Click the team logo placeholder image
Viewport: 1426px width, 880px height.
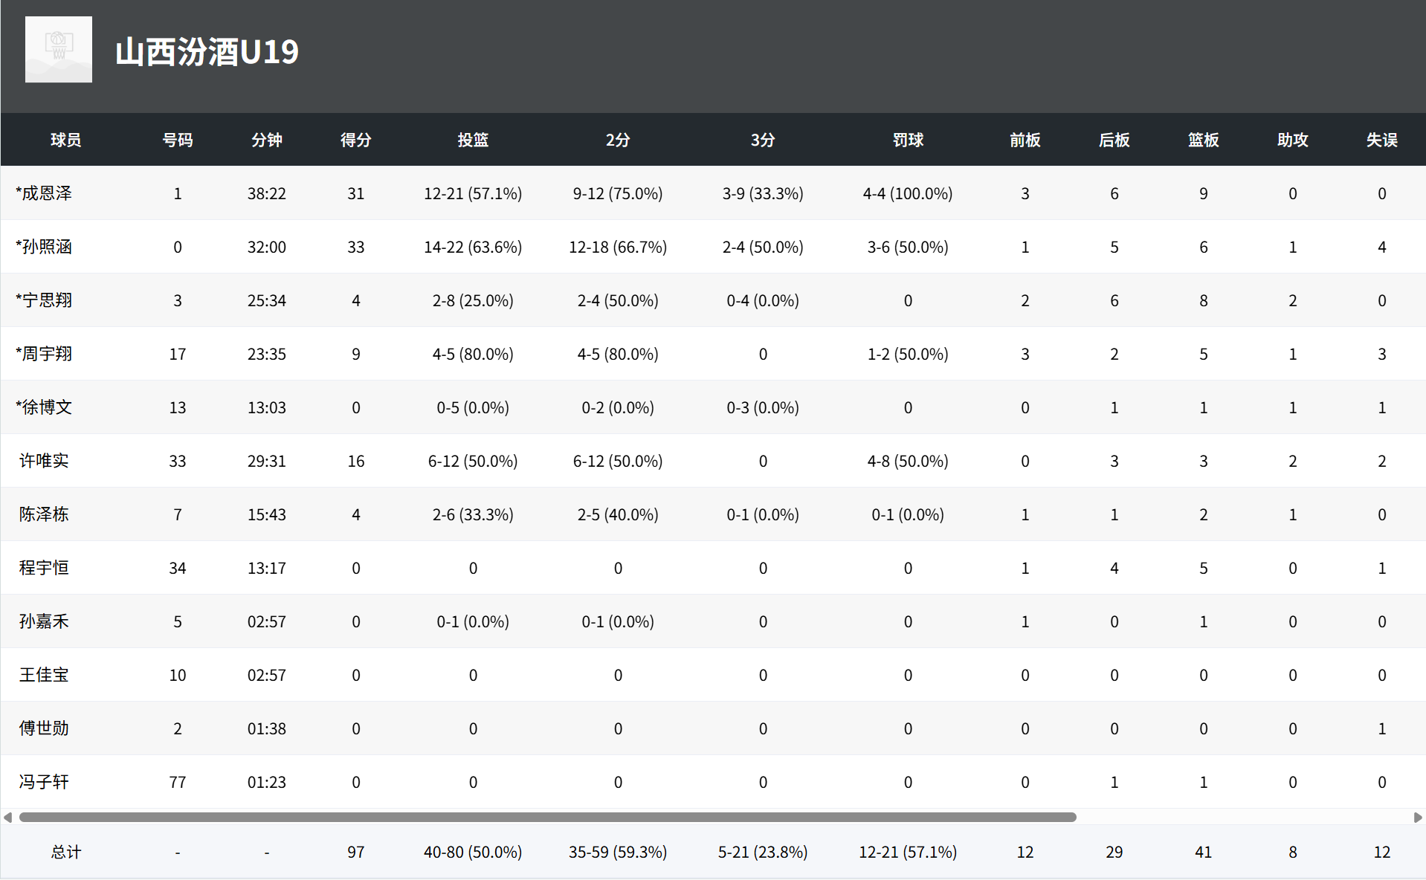point(59,49)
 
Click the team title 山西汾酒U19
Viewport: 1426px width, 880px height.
point(207,52)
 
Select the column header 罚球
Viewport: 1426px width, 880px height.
point(908,140)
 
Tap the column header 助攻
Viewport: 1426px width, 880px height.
point(1292,140)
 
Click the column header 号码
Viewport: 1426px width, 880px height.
point(178,140)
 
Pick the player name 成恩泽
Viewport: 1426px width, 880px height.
point(47,193)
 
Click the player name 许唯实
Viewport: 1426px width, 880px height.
point(44,461)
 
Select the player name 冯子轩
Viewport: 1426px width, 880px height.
point(44,782)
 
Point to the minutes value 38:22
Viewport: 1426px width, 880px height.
point(267,194)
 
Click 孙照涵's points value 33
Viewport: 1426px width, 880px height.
point(356,247)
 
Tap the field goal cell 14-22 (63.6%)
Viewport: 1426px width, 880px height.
point(473,247)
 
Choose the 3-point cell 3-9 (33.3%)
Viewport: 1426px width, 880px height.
point(763,194)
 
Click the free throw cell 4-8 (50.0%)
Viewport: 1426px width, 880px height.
point(908,462)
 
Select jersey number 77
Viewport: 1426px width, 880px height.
point(178,783)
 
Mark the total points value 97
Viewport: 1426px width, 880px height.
point(356,852)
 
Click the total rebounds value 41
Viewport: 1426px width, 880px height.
point(1203,852)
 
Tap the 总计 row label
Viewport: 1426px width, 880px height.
point(66,852)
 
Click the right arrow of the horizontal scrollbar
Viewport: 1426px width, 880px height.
point(1417,818)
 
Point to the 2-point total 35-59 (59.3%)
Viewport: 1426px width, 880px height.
point(618,852)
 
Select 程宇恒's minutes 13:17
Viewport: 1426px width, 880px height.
point(267,569)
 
